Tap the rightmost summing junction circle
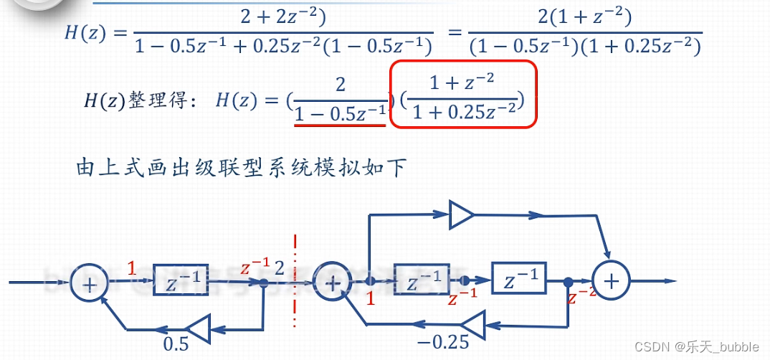tap(610, 281)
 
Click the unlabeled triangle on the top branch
tap(461, 214)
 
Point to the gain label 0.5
tap(177, 344)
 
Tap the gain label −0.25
tap(442, 342)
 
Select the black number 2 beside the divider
tap(280, 269)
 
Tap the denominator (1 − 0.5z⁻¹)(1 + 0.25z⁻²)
tap(584, 47)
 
